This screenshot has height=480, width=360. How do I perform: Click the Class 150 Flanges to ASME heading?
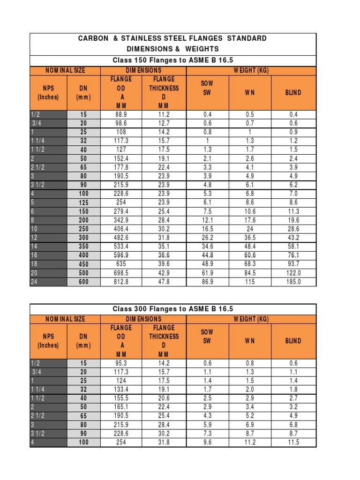click(x=173, y=60)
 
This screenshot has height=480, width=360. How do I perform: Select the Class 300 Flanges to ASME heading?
click(x=173, y=309)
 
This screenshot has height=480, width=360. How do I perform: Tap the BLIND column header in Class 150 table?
click(x=293, y=92)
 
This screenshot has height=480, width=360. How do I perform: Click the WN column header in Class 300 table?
click(x=249, y=341)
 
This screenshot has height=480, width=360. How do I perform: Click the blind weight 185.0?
click(x=293, y=282)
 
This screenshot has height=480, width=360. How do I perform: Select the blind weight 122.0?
click(x=293, y=273)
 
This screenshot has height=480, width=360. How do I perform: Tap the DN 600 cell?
click(x=83, y=282)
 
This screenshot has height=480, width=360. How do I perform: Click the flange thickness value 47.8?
click(x=164, y=282)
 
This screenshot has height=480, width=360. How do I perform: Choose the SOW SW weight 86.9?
click(x=207, y=282)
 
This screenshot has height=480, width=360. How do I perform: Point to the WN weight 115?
click(x=249, y=282)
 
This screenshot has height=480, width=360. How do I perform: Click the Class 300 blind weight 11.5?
click(x=293, y=442)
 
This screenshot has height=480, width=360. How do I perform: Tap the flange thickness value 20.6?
click(x=164, y=398)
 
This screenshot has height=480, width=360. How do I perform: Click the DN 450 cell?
click(x=83, y=264)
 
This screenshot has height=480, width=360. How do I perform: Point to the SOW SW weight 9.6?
click(x=207, y=442)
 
